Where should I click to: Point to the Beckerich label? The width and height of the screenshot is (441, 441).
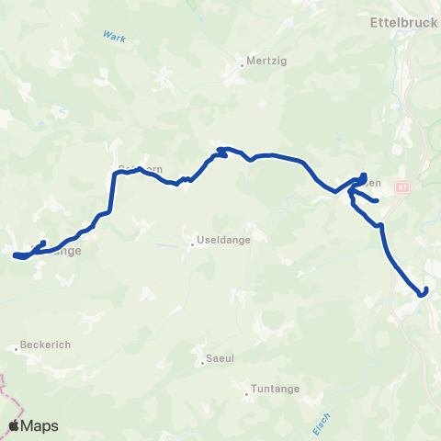44,345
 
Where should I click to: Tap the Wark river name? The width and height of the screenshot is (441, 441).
114,38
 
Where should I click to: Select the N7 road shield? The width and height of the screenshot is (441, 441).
401,187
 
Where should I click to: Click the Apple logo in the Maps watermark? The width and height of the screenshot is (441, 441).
14,425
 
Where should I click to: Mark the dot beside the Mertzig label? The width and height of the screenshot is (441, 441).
242,64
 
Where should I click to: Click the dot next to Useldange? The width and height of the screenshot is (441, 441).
191,243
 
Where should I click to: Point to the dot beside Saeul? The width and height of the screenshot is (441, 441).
201,362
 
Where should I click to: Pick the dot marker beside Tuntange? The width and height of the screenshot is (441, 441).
247,396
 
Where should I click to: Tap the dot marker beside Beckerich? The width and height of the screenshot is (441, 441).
17,348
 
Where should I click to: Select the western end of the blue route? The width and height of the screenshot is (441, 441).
16,254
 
